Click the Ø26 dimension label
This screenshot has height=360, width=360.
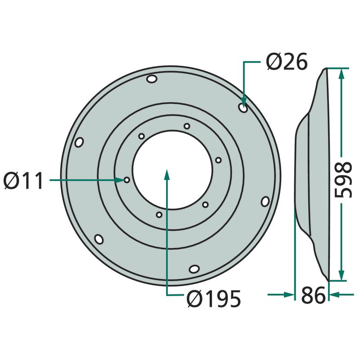pos(287,62)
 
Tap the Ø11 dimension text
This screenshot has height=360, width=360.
pos(23,180)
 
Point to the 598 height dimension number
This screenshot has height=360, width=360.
pos(343,180)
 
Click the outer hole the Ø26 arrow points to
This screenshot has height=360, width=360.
pos(243,108)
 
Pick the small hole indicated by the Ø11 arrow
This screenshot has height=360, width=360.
pos(127,180)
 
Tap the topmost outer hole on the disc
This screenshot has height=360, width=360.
pos(152,79)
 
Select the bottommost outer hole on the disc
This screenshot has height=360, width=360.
pos(194,269)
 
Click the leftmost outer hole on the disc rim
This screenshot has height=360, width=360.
pos(79,142)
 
